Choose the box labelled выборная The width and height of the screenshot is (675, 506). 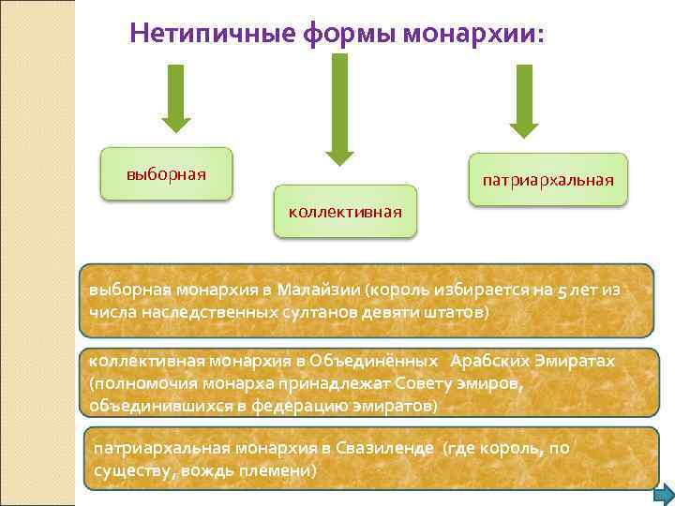click(167, 174)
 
